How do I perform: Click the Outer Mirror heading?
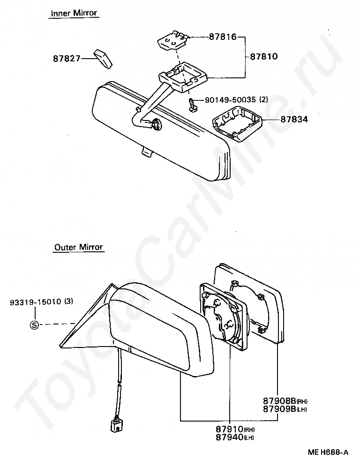click(78, 247)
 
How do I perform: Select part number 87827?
click(67, 59)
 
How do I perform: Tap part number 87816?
click(222, 37)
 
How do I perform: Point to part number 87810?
click(263, 57)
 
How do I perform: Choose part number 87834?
click(294, 120)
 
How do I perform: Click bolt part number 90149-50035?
click(230, 100)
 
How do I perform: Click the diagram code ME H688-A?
click(328, 453)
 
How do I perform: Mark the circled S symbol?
click(34, 324)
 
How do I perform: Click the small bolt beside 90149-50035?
click(192, 104)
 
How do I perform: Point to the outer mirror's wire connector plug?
click(115, 426)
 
